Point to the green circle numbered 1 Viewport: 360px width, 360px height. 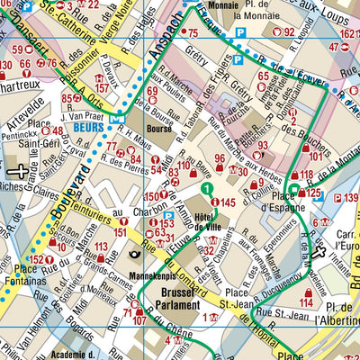pyautogui.click(x=206, y=189)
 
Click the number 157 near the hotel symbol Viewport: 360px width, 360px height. pyautogui.click(x=103, y=88)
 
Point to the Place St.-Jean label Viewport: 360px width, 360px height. pyautogui.click(x=238, y=297)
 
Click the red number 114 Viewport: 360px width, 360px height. pyautogui.click(x=307, y=304)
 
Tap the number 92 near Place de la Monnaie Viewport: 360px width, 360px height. pyautogui.click(x=289, y=32)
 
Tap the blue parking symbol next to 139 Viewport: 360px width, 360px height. pyautogui.click(x=337, y=198)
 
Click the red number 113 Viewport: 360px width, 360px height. pyautogui.click(x=114, y=247)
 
